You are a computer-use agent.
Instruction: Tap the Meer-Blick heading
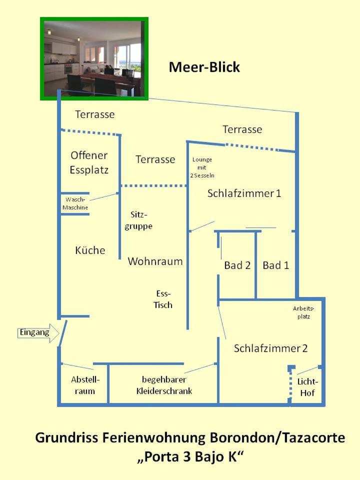(204, 67)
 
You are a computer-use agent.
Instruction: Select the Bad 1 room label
(276, 265)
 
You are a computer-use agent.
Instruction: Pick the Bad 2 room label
(237, 265)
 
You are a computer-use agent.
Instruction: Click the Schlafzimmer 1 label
(244, 193)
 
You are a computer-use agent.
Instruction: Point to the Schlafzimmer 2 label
(270, 348)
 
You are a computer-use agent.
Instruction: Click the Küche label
(90, 250)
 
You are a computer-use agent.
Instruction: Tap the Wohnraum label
(155, 261)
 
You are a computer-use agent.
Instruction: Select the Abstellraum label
(85, 385)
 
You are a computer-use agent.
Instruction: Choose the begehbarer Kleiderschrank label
(164, 385)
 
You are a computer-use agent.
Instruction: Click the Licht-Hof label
(307, 387)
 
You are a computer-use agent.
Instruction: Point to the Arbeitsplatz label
(303, 312)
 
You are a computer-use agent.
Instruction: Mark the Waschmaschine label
(75, 203)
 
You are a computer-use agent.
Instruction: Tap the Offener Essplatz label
(89, 162)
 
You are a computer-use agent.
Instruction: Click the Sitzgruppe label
(138, 220)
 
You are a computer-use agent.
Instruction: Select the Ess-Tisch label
(163, 299)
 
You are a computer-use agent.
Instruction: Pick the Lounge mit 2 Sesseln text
(202, 167)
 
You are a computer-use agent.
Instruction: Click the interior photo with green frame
(94, 59)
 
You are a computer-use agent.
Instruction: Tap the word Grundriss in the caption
(66, 438)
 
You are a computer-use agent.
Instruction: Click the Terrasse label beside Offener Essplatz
(155, 159)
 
